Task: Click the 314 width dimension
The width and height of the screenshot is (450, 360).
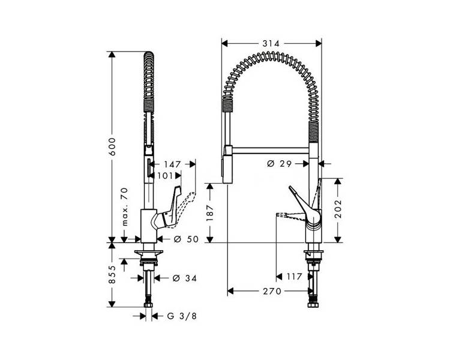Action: [x=271, y=43]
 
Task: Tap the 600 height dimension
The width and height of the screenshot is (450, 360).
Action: [x=112, y=146]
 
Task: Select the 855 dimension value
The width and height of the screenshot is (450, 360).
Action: [x=112, y=275]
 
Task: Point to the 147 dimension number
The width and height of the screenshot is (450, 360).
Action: [x=172, y=164]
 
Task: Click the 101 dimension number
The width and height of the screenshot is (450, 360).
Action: [x=165, y=175]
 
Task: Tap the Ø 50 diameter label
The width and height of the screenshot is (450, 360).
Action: [x=186, y=239]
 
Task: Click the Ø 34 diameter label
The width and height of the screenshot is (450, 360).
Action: [x=185, y=278]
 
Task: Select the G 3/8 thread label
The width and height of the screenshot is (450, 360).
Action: [x=182, y=316]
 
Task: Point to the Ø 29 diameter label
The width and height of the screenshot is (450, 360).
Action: [x=279, y=164]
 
